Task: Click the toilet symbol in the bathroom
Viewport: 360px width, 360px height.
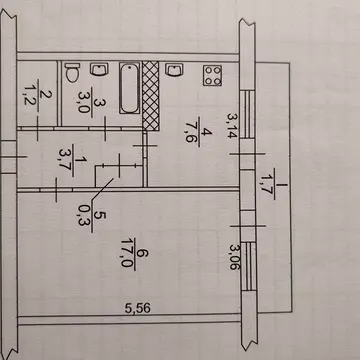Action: tap(72, 73)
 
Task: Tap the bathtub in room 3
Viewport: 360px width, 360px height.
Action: tap(129, 88)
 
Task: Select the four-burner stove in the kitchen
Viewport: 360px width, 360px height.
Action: tap(213, 75)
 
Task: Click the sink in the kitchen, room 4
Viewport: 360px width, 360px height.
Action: tap(174, 70)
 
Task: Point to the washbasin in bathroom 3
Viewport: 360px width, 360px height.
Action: tap(99, 69)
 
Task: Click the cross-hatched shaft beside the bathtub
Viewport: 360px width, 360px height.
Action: tap(151, 96)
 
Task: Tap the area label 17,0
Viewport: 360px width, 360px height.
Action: tap(127, 252)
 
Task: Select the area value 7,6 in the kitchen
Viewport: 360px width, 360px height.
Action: tap(191, 131)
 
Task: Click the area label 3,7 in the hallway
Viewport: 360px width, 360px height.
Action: tap(65, 160)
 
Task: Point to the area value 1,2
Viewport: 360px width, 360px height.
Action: tap(31, 95)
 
